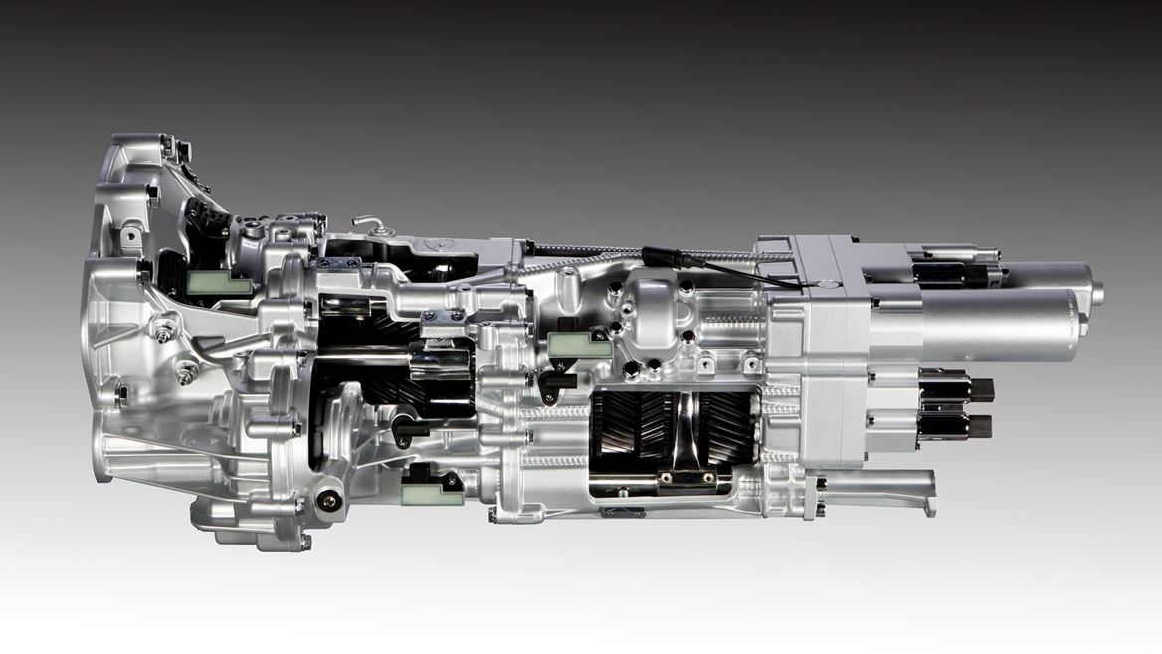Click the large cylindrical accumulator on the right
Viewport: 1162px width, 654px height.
995,325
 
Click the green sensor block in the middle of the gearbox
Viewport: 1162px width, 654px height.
579,344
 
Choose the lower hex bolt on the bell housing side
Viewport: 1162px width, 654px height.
186,373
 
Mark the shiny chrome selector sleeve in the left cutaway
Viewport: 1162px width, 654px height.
438,359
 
